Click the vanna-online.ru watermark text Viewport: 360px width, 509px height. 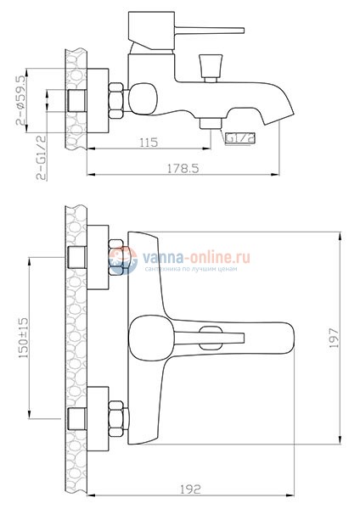tap(197, 255)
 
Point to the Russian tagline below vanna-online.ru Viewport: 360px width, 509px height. tap(197, 267)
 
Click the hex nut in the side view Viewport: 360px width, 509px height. tap(115, 101)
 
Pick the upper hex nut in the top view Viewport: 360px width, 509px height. tap(117, 259)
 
